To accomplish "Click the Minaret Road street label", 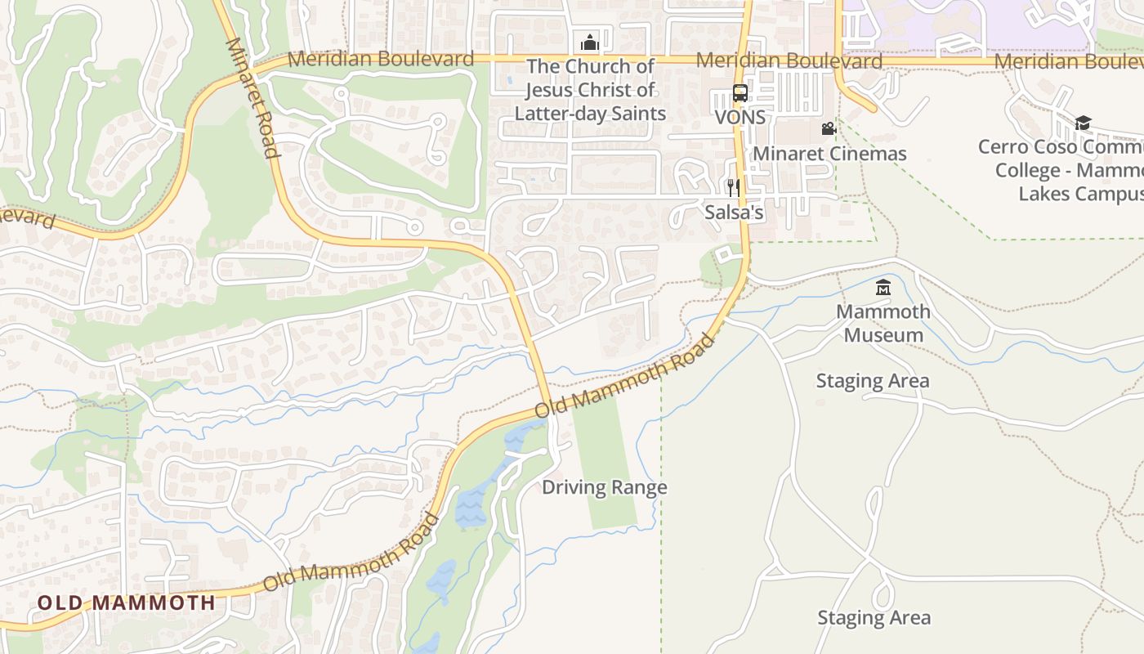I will (252, 97).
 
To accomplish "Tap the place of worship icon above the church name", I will (589, 43).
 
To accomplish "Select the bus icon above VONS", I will (740, 93).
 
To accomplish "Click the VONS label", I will (740, 117).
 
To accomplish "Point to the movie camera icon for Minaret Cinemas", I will (829, 128).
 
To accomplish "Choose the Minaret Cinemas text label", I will (829, 154).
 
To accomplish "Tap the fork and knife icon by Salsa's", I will (733, 188).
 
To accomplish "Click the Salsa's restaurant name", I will (734, 213).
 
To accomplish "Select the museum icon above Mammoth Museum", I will (883, 287).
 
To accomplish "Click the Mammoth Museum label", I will (883, 323).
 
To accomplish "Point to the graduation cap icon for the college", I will (1083, 123).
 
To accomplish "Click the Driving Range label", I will (605, 488).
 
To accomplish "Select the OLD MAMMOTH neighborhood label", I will (127, 603).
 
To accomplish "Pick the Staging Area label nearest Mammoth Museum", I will (873, 381).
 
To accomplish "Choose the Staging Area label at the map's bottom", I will (874, 618).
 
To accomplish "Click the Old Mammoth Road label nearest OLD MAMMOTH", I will (351, 553).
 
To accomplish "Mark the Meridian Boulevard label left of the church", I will (381, 59).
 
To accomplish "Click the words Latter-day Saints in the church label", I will (590, 114).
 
